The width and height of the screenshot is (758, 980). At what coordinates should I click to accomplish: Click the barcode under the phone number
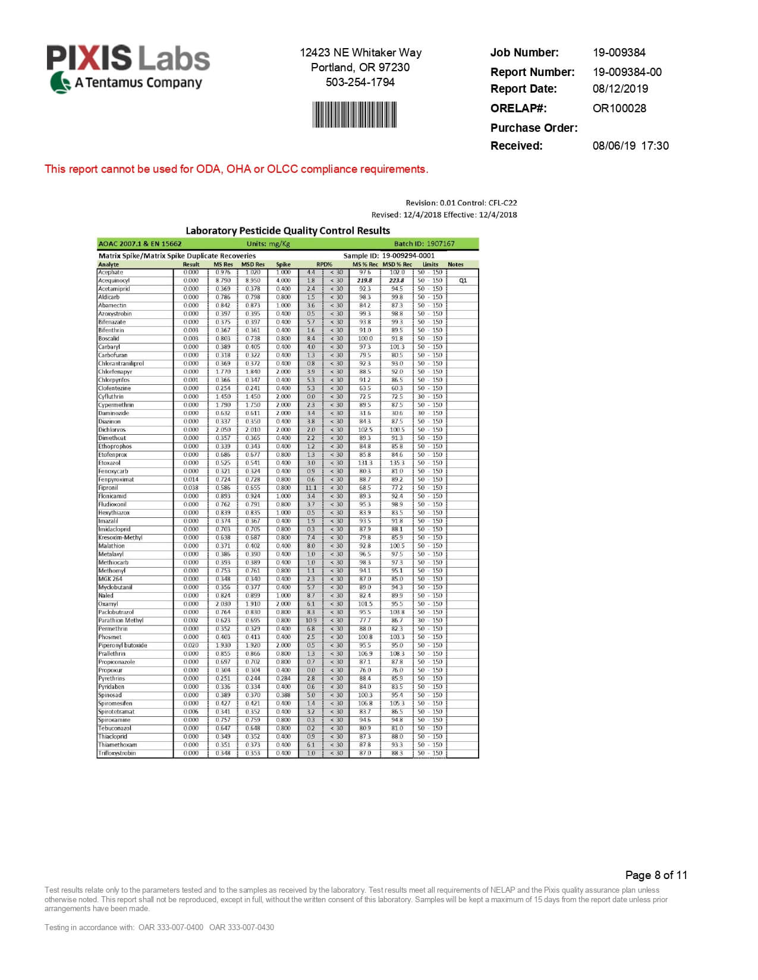click(x=354, y=114)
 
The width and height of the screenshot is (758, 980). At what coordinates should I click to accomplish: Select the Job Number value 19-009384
click(x=619, y=52)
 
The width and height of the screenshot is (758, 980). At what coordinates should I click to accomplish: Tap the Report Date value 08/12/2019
click(x=620, y=88)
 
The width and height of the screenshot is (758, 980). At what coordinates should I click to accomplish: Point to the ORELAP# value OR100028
click(x=619, y=108)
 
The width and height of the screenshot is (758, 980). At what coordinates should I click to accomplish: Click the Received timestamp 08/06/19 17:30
click(x=630, y=146)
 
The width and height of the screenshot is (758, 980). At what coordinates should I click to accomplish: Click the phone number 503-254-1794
click(x=360, y=82)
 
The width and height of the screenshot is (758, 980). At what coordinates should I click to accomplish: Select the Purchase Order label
click(x=533, y=128)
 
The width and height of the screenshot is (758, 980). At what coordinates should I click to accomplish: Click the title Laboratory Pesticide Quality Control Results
click(x=288, y=230)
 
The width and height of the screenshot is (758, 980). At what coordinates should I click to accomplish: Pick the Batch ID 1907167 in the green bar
click(x=440, y=244)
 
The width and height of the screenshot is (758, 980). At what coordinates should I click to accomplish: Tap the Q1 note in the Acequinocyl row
click(x=463, y=280)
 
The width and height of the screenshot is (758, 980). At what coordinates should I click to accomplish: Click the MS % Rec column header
click(x=365, y=264)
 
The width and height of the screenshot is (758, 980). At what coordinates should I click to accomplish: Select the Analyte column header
click(x=108, y=264)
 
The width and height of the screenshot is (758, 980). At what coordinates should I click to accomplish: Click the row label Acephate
click(x=111, y=272)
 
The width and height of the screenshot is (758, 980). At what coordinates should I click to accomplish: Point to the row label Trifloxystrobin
click(x=117, y=753)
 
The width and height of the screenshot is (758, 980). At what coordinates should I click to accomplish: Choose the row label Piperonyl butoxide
click(x=122, y=645)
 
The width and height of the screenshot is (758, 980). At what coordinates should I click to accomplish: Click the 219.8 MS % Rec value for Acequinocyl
click(x=364, y=280)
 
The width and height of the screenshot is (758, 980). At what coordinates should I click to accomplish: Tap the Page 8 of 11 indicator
click(x=656, y=875)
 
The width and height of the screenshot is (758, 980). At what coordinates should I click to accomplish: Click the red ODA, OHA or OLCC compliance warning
click(x=236, y=169)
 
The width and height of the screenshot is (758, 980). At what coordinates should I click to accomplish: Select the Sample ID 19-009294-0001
click(x=408, y=255)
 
